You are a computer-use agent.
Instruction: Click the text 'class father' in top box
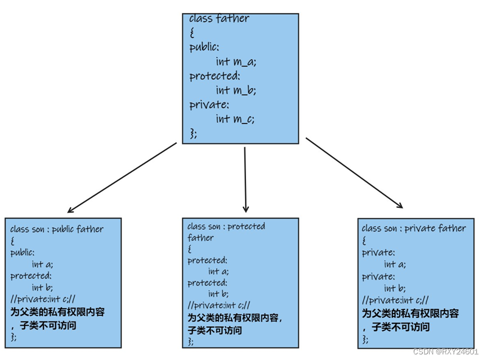pyautogui.click(x=218, y=19)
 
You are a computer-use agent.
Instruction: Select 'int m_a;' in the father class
pyautogui.click(x=235, y=61)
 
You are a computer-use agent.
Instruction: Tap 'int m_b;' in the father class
pyautogui.click(x=235, y=90)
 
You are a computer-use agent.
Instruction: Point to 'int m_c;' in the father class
pyautogui.click(x=235, y=119)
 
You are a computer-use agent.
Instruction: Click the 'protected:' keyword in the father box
pyautogui.click(x=215, y=76)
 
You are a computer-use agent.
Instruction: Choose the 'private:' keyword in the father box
pyautogui.click(x=209, y=105)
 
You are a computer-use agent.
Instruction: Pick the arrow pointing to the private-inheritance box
pyautogui.click(x=355, y=173)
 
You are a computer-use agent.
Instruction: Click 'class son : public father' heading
pyautogui.click(x=57, y=229)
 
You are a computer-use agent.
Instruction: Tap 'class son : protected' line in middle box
pyautogui.click(x=226, y=226)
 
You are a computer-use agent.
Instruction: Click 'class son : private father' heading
pyautogui.click(x=414, y=228)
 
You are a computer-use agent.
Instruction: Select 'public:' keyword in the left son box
pyautogui.click(x=22, y=252)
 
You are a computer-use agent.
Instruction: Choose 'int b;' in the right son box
pyautogui.click(x=395, y=288)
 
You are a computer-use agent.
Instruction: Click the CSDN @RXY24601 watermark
pyautogui.click(x=445, y=352)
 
